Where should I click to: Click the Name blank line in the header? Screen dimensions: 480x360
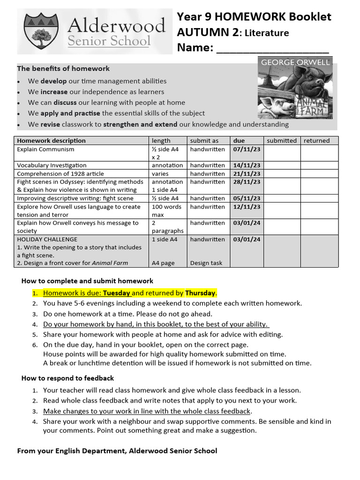point(272,50)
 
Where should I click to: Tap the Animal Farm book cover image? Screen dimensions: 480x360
point(295,89)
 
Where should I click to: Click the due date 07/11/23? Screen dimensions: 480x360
point(246,149)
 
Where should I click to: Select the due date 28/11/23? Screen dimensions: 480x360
point(246,182)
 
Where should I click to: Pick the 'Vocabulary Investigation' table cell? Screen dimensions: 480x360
point(52,165)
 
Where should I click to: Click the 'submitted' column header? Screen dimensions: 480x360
point(281,141)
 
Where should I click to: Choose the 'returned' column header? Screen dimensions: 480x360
point(316,141)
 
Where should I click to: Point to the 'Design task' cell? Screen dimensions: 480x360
point(206,263)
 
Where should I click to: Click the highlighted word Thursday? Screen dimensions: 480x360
point(200,293)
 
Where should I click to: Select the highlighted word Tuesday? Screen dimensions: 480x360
point(117,293)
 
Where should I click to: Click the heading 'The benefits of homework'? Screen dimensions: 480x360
point(63,68)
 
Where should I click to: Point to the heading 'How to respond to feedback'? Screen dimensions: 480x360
point(67,378)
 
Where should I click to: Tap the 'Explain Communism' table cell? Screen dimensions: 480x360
point(45,149)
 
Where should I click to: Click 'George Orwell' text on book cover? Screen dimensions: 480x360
point(295,62)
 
